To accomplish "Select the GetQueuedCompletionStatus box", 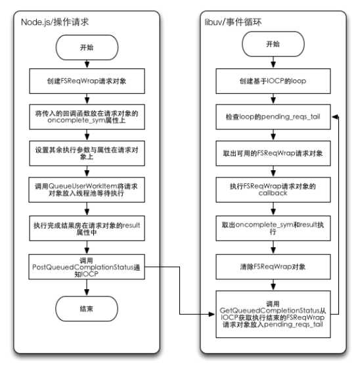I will click(x=272, y=311).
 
